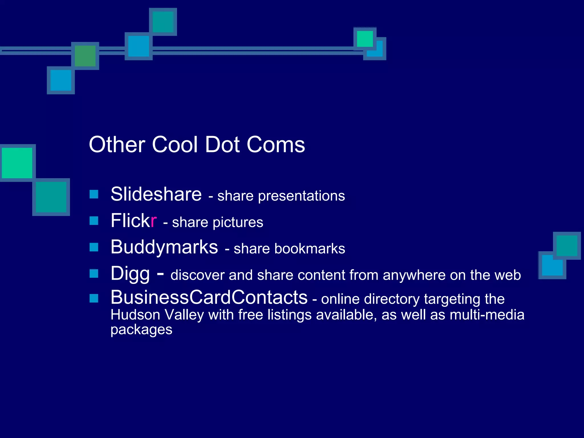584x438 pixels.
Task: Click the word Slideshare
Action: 156,194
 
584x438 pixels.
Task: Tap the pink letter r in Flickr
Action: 154,221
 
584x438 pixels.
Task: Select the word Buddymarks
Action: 164,247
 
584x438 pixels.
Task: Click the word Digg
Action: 130,274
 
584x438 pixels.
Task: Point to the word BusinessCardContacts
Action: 209,297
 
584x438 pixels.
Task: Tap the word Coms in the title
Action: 276,145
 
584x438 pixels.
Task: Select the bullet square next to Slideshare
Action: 94,194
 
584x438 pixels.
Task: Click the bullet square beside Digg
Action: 94,273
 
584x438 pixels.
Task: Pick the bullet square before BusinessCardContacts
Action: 94,298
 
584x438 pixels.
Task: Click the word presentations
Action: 301,196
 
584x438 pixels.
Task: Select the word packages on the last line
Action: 141,330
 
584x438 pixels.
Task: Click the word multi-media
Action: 487,315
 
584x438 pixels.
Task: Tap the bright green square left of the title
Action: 17,163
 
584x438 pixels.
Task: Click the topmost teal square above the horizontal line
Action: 163,22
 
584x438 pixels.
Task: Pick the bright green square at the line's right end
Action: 365,39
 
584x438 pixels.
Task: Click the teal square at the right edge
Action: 567,246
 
